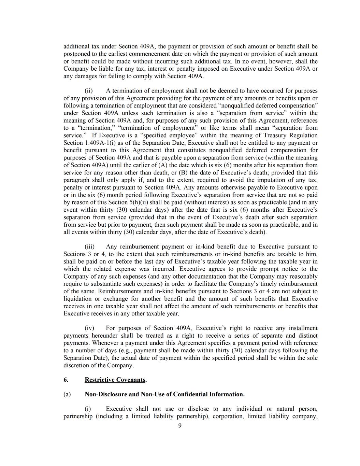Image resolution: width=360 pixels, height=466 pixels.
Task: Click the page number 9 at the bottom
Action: click(180, 425)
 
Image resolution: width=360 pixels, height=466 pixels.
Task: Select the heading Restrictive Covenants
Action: click(115, 380)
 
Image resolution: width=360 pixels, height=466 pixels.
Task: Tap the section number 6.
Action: click(66, 380)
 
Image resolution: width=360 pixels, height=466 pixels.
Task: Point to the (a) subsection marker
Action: click(67, 394)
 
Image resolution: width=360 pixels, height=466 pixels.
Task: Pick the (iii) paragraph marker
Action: click(89, 246)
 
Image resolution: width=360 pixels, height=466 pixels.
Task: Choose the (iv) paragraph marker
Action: click(89, 328)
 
